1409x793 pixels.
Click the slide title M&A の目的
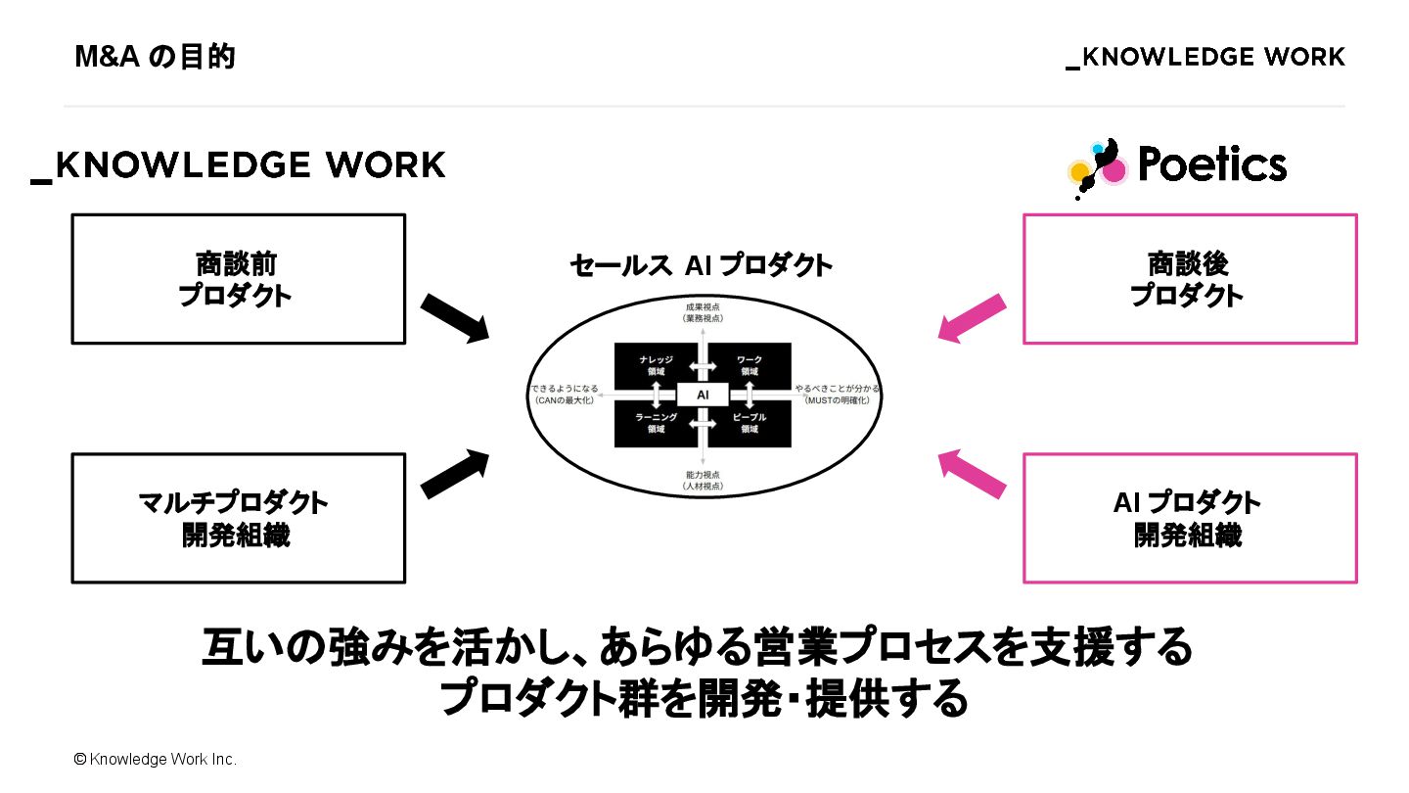pos(155,58)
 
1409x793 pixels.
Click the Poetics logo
pos(1178,166)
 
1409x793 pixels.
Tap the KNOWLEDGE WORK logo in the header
pos(1205,58)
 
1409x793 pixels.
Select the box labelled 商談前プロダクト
pos(239,279)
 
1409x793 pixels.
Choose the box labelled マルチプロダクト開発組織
pos(239,518)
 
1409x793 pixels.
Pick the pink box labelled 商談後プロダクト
pos(1189,279)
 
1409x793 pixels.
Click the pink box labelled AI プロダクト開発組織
pos(1189,518)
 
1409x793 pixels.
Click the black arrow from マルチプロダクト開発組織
pos(455,473)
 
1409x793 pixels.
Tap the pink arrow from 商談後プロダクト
pos(971,317)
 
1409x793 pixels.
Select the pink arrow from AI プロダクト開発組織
pos(971,473)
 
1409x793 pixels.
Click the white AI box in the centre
pos(702,395)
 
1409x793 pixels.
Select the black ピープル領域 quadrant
pos(750,423)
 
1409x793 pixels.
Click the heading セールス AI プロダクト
pos(701,265)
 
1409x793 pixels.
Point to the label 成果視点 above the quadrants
pos(702,306)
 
